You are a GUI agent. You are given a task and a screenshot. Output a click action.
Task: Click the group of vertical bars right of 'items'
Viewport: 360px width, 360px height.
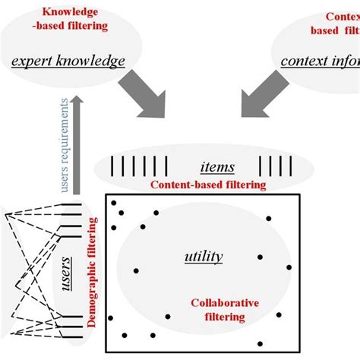[x=274, y=165]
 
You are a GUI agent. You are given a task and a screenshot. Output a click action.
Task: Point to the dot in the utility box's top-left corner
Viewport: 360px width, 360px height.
[x=114, y=203]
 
